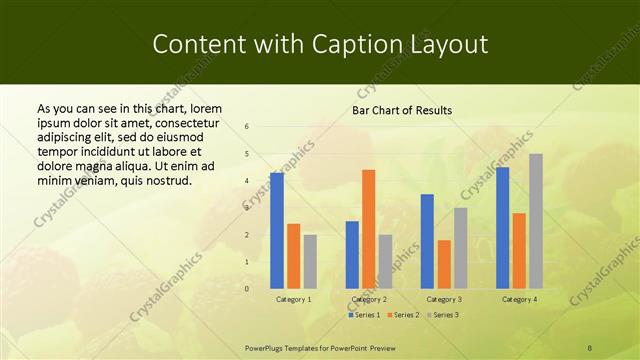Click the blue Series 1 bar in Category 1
tap(277, 230)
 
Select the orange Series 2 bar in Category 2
tap(369, 229)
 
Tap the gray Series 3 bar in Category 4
tap(536, 221)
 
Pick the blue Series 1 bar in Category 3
tap(427, 241)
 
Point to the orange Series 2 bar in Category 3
tap(444, 264)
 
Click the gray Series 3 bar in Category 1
tap(310, 261)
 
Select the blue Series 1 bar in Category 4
tap(502, 227)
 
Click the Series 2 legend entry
tap(402, 315)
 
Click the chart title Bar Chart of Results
tap(402, 110)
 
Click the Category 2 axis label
tap(369, 299)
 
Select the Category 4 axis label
tap(519, 299)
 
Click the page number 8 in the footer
tap(590, 346)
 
